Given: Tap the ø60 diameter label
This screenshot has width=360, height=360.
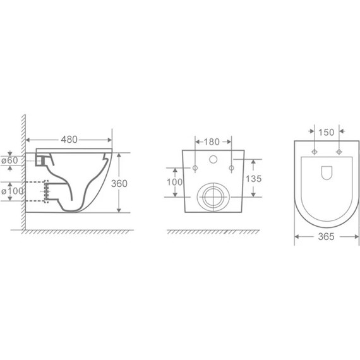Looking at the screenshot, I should click(13, 161).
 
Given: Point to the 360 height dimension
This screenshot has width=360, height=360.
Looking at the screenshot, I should click(120, 183).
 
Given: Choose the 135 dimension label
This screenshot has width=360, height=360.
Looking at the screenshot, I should click(253, 178).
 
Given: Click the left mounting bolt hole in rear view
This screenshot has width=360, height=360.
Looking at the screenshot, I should click(195, 168).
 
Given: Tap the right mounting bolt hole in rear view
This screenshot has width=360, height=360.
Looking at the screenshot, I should click(232, 168).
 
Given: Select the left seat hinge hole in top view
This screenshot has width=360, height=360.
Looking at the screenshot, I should click(314, 152).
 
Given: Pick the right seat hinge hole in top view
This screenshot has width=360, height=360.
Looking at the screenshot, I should click(339, 152).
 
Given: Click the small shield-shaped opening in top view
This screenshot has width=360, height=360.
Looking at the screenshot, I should click(327, 172).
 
